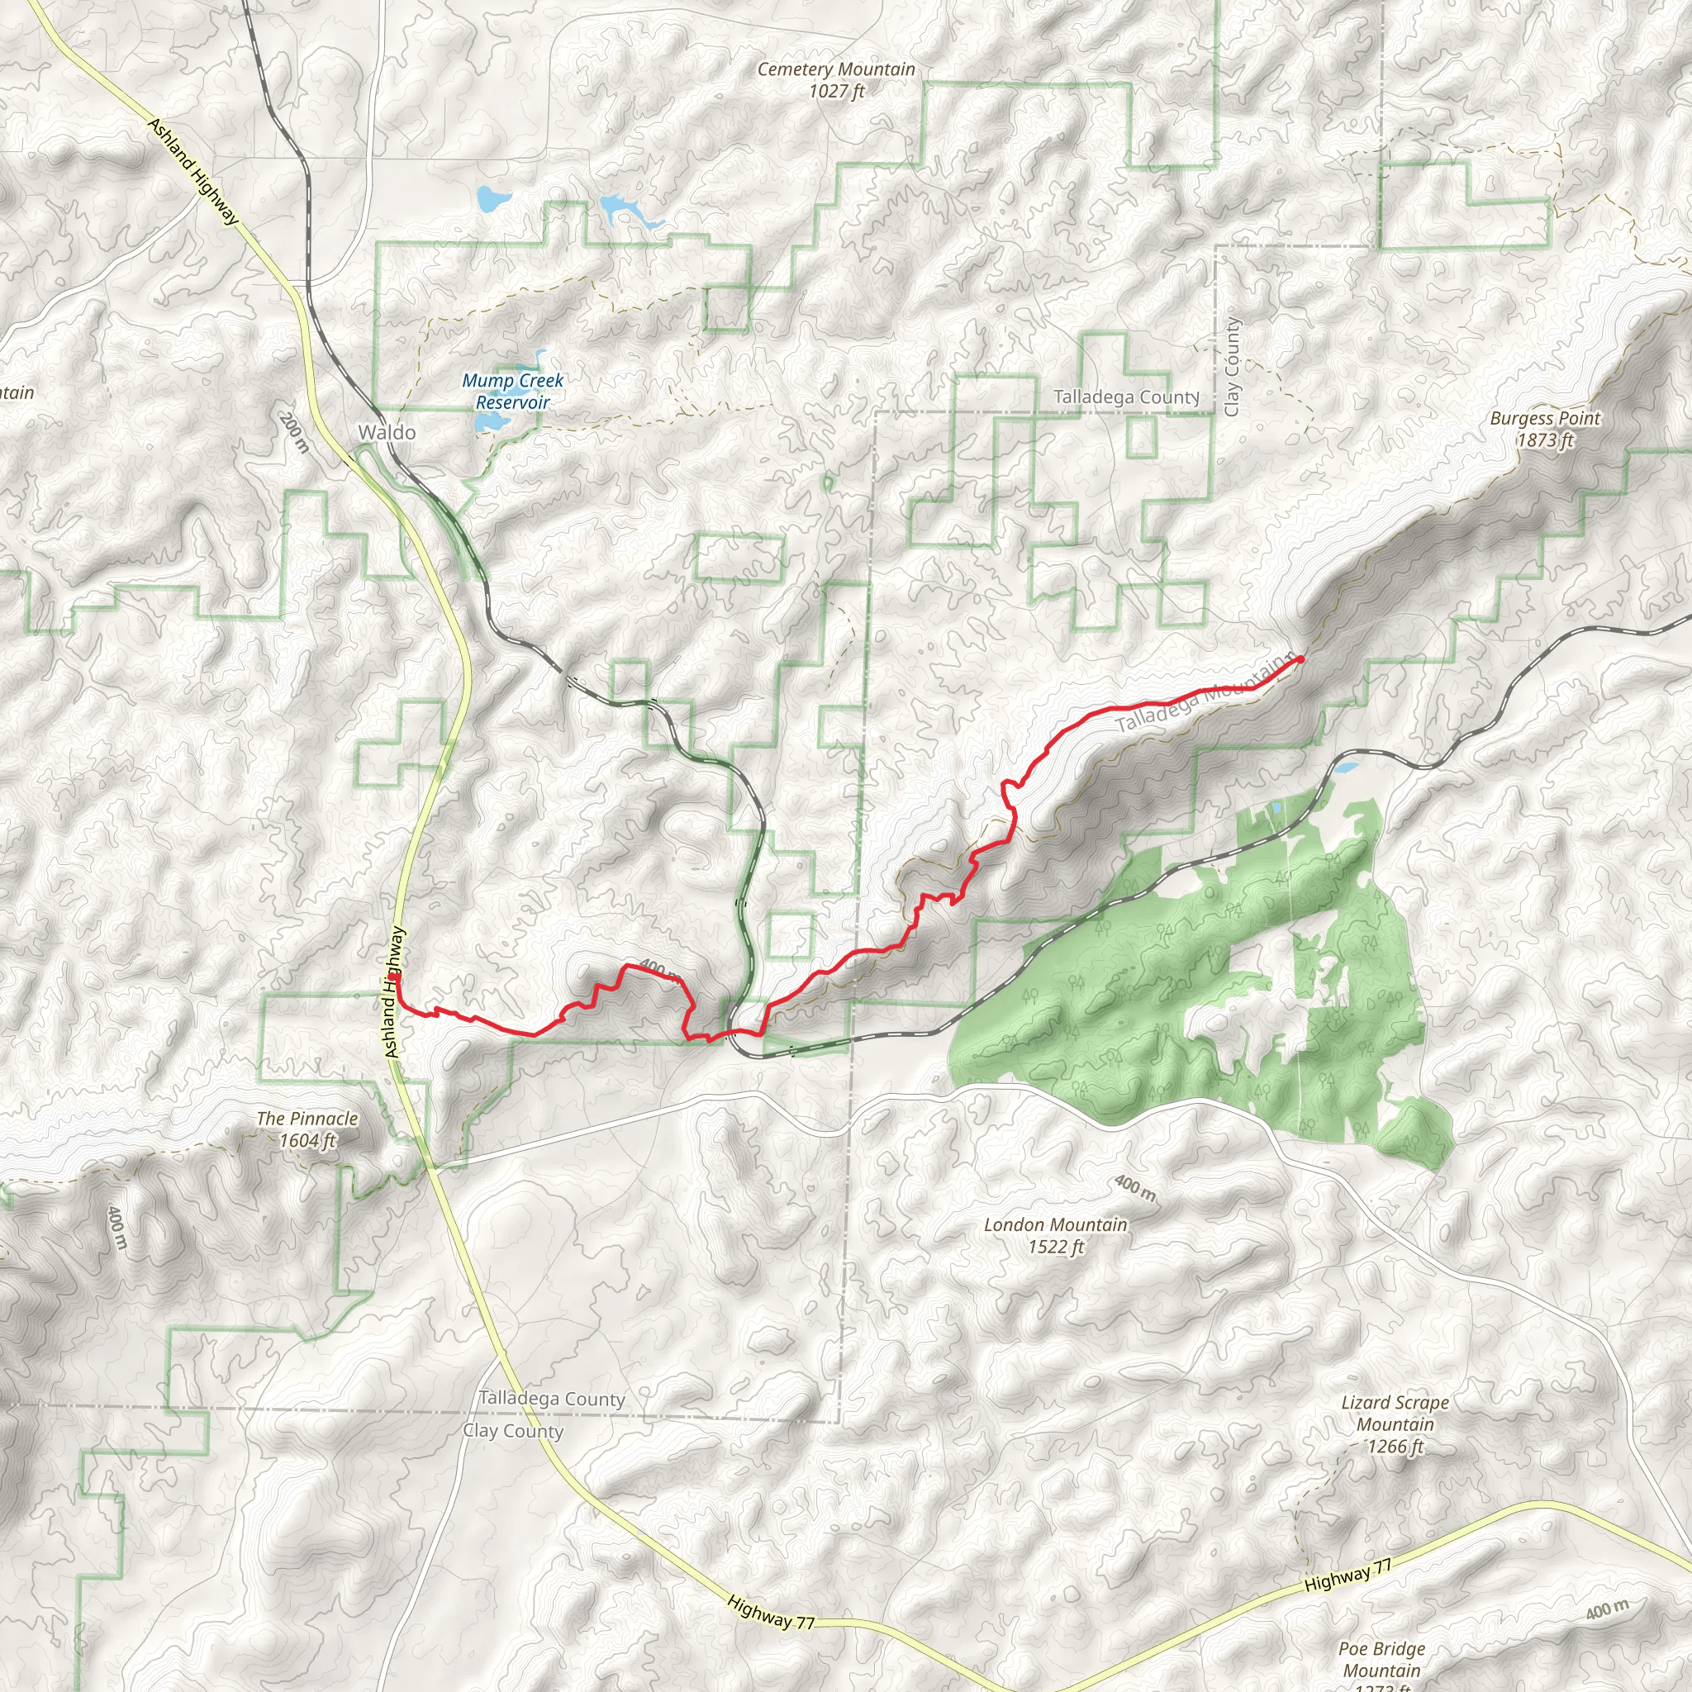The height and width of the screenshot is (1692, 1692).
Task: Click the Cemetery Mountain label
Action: click(835, 69)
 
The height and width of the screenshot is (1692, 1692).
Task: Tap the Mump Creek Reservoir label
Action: click(512, 392)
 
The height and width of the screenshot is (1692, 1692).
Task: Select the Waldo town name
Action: click(386, 432)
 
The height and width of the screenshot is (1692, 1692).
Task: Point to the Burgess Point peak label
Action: click(1544, 419)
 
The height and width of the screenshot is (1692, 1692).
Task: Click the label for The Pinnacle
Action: click(307, 1119)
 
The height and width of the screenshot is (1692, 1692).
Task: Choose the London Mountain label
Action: click(1055, 1224)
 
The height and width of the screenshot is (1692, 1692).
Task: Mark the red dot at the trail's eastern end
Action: click(1300, 658)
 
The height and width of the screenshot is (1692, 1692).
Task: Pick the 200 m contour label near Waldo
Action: click(294, 433)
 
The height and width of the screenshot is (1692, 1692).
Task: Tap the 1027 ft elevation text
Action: click(836, 91)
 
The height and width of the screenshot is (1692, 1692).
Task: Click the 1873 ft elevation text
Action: click(1545, 440)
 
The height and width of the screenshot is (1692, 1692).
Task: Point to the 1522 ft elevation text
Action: click(1055, 1246)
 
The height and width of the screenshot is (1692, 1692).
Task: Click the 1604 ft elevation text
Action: click(307, 1140)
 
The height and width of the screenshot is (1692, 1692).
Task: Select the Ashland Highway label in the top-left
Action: click(192, 172)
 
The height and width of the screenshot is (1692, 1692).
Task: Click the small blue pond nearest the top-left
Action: click(492, 199)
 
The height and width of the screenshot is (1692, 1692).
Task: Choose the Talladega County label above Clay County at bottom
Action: click(552, 1399)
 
